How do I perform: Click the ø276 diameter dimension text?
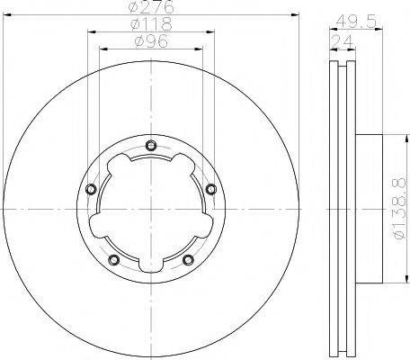[151, 6]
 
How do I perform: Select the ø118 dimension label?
[151, 24]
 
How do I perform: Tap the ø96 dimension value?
[151, 40]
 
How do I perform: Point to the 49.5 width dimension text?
[356, 22]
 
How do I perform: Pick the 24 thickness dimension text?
[343, 41]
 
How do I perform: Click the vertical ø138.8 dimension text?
[400, 209]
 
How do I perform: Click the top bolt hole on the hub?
[151, 146]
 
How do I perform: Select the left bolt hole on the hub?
[91, 189]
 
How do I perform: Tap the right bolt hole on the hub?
[211, 189]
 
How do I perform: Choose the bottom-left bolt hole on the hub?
[114, 260]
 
